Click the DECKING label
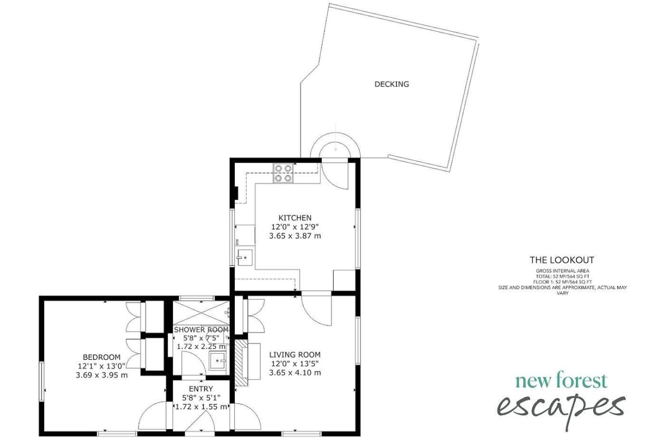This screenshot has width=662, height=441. pyautogui.click(x=392, y=84)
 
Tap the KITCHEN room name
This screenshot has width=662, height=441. pyautogui.click(x=295, y=218)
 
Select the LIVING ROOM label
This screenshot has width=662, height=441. pyautogui.click(x=295, y=355)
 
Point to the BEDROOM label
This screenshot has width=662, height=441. pyautogui.click(x=102, y=357)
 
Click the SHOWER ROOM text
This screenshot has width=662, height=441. pyautogui.click(x=201, y=329)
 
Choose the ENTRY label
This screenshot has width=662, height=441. pyautogui.click(x=201, y=389)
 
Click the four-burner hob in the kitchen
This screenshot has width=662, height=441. pyautogui.click(x=283, y=173)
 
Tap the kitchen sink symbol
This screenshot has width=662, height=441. pyautogui.click(x=245, y=257)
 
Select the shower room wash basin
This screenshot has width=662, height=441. pyautogui.click(x=218, y=360)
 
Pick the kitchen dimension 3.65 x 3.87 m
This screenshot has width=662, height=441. pyautogui.click(x=295, y=236)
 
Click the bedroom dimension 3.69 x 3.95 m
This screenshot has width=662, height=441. pyautogui.click(x=102, y=375)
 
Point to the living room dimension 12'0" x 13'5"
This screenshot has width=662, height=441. pyautogui.click(x=295, y=363)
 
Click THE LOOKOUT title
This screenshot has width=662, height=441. pyautogui.click(x=562, y=260)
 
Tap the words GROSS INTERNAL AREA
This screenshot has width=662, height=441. pyautogui.click(x=563, y=271)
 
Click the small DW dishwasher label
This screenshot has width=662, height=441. pyautogui.click(x=237, y=242)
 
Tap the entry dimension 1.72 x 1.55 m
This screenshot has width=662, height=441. pyautogui.click(x=201, y=407)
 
